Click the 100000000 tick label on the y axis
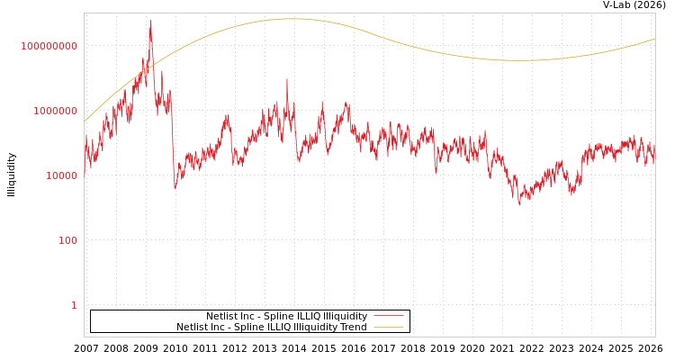49,46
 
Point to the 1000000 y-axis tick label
56,111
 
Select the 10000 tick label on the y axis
62,175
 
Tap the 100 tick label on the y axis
68,240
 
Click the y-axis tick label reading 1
74,305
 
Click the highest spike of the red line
150,21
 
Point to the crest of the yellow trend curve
290,19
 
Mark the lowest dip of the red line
519,204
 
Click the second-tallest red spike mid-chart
287,79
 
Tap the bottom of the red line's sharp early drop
175,187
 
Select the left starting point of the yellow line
85,121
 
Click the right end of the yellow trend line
654,39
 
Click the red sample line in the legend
388,317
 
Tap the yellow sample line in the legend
388,328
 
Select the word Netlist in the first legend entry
221,317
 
